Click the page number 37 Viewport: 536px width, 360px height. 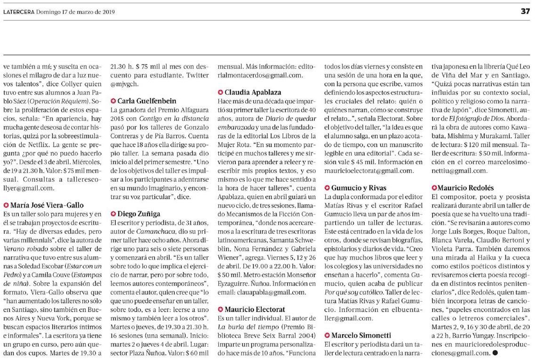click(x=526, y=12)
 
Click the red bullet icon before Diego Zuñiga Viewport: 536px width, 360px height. click(x=113, y=214)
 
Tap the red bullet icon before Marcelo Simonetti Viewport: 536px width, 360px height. click(x=328, y=336)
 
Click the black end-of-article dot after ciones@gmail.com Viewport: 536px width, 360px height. click(x=495, y=352)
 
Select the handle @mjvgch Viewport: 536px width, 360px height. click(x=121, y=84)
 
